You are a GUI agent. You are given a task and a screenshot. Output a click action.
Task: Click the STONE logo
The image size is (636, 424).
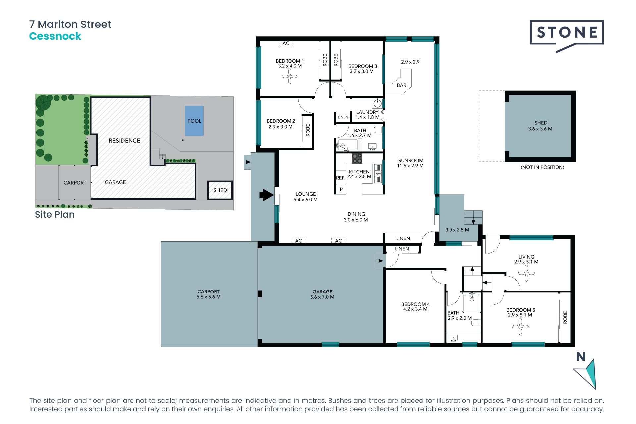pos(566,32)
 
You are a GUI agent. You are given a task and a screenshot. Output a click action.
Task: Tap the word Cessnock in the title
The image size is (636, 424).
pos(55,36)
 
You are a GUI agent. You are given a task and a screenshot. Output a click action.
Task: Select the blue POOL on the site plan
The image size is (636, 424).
pos(194,121)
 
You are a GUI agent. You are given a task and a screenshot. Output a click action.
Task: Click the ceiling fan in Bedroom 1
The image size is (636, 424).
pos(290,77)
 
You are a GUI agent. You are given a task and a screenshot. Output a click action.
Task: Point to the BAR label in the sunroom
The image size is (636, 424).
pos(401,85)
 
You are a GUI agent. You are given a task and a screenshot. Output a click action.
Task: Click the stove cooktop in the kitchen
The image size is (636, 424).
pos(357,158)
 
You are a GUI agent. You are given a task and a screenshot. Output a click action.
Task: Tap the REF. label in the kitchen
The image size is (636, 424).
pos(340,178)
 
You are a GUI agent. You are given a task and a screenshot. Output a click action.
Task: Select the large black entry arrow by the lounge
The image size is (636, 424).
pos(266,195)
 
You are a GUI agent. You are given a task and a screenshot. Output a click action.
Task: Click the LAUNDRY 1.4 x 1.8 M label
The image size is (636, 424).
pos(367,115)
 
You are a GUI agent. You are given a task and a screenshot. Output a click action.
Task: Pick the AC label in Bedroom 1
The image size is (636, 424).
pos(286,43)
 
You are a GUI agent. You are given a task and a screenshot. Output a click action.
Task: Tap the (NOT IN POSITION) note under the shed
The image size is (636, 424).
pos(542,167)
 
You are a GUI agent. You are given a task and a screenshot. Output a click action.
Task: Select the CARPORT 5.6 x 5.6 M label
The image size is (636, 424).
pos(208,294)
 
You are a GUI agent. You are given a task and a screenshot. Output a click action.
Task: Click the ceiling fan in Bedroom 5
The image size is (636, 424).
pos(520,327)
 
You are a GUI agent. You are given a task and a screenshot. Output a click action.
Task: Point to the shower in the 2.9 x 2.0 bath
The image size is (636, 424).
pos(471,302)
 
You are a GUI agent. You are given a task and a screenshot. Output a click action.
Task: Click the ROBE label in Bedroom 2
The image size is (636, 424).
pos(308,130)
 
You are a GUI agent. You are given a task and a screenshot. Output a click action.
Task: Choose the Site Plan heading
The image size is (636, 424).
pos(55,215)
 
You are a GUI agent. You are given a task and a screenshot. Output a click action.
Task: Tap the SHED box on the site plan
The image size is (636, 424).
pos(220,190)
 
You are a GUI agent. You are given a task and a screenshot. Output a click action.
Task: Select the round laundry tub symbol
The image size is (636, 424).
pos(377,104)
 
